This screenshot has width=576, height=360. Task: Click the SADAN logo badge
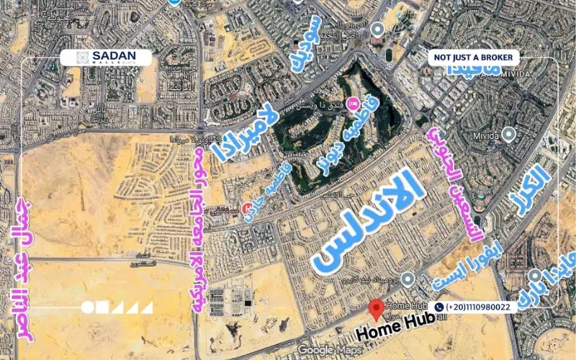coord(105,58)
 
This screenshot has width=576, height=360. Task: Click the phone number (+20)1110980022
coord(478,307)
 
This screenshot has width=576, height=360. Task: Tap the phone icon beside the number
coord(439,307)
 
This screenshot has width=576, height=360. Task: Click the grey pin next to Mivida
coord(509,133)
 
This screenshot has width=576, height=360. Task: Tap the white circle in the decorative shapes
coord(88,307)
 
